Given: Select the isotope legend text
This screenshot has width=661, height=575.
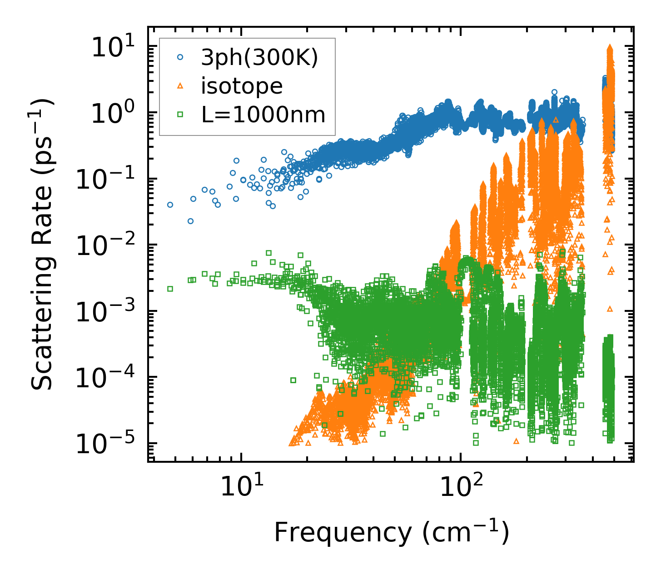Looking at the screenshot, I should click(x=242, y=86).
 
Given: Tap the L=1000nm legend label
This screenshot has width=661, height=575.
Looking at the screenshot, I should click(x=263, y=115).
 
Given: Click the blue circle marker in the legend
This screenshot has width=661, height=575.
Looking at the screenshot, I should click(x=180, y=58).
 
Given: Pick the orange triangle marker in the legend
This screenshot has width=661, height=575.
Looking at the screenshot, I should click(x=180, y=86).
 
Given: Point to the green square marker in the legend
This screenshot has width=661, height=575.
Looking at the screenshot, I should click(x=180, y=115).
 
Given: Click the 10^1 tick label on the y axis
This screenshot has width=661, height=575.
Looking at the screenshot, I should click(x=111, y=47).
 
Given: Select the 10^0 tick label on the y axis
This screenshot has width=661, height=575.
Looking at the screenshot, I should click(x=111, y=113).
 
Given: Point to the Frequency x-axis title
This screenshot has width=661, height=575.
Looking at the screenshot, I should click(x=391, y=532).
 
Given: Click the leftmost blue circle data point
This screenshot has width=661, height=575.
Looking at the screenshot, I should click(x=170, y=205).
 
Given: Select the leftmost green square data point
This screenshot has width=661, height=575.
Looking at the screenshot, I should click(x=170, y=289).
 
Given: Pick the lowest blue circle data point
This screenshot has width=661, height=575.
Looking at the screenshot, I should click(x=191, y=221).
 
